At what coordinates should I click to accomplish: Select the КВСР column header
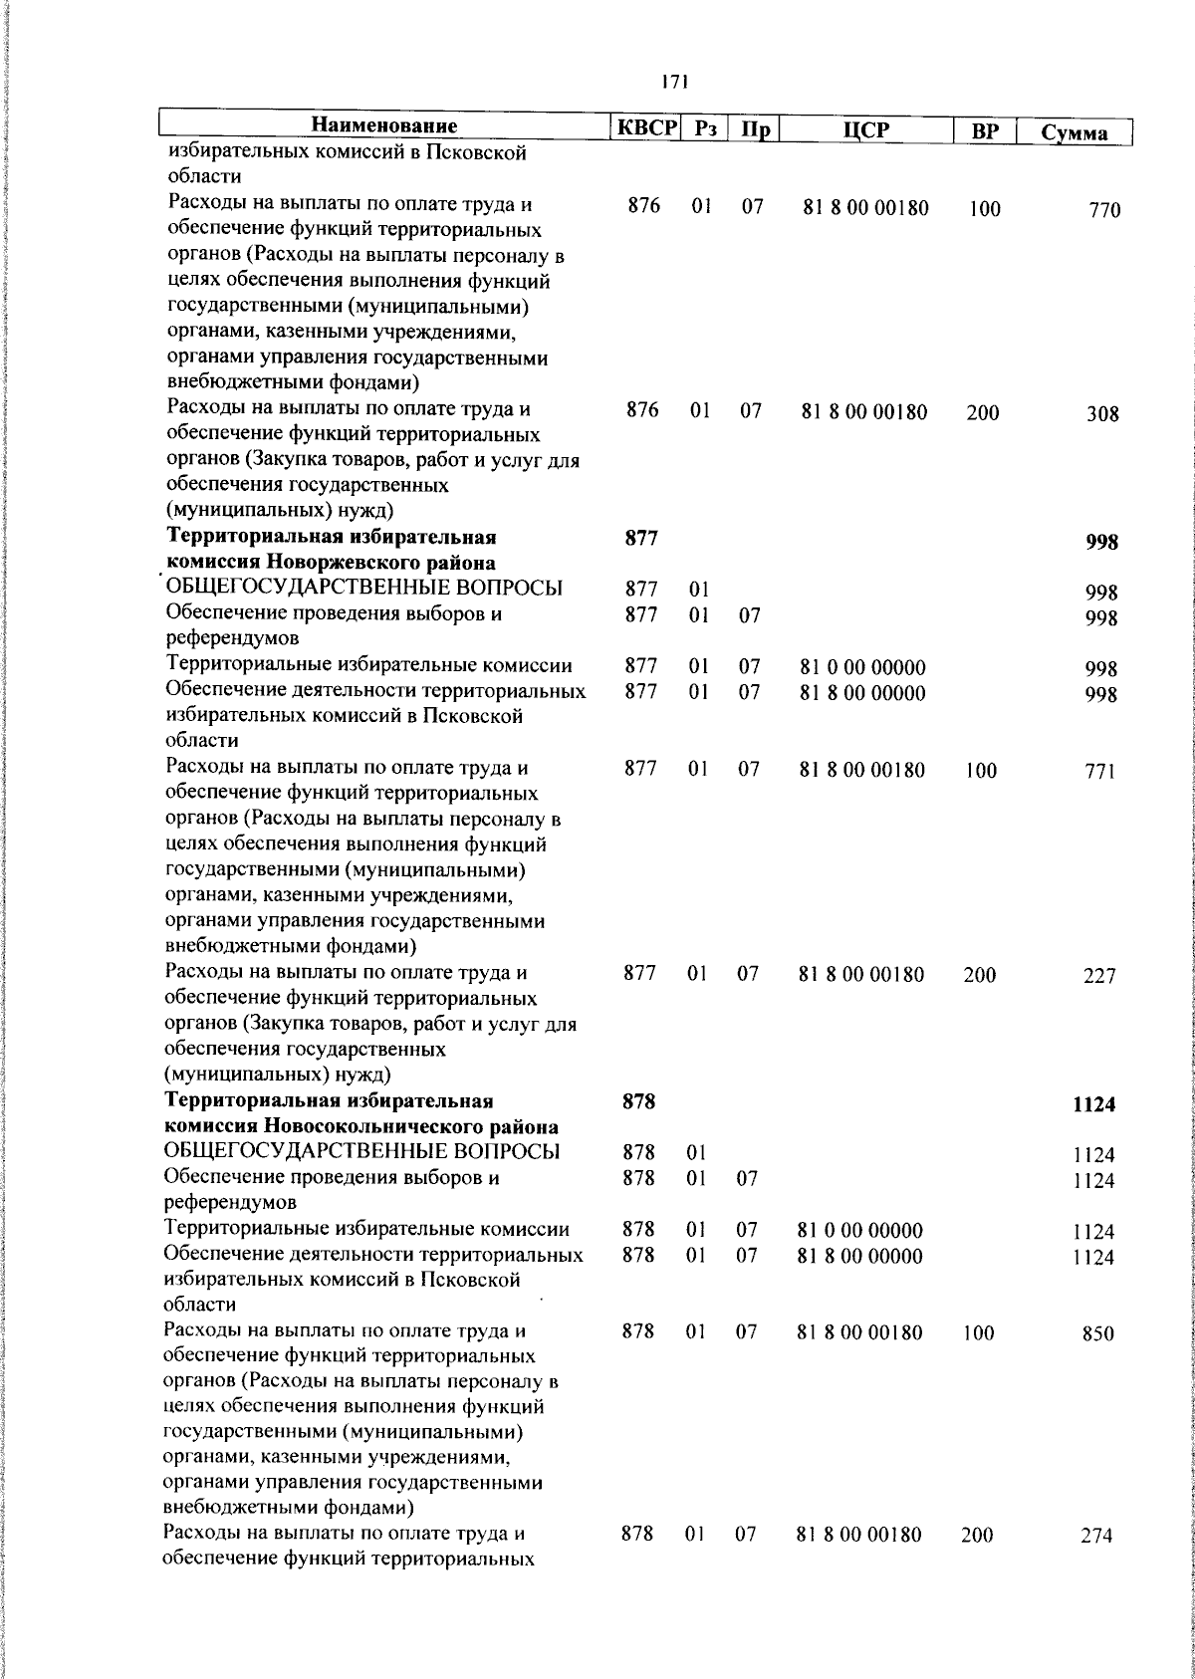[644, 128]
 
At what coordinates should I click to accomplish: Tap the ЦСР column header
[864, 130]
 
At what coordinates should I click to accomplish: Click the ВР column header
[984, 131]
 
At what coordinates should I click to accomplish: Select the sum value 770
[1103, 211]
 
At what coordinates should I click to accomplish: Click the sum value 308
[1102, 414]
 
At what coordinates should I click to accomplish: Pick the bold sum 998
[1101, 543]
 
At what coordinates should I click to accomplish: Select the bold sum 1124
[1093, 1105]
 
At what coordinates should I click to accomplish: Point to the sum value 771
[1100, 773]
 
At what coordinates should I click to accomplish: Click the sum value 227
[1099, 977]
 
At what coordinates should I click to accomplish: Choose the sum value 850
[1098, 1335]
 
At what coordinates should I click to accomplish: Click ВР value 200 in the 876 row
[982, 413]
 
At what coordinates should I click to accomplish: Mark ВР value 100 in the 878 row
[978, 1334]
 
